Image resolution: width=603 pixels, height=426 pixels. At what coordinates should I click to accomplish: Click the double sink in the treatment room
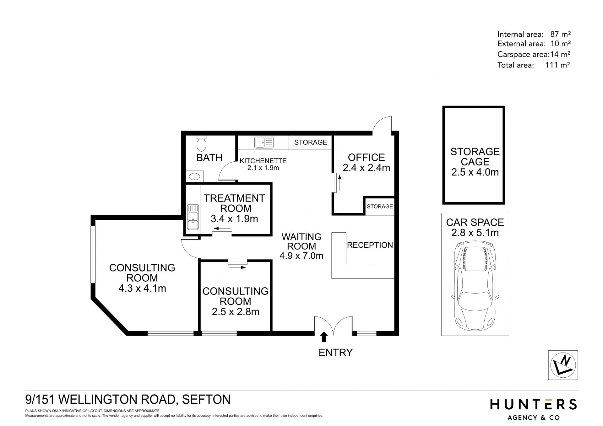pos(193,217)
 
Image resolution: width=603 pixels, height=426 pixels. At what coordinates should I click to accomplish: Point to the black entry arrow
pos(324,337)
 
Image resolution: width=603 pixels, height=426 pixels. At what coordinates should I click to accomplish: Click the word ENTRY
pos(335,353)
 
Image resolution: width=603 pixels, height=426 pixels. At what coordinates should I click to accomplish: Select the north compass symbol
pos(563,365)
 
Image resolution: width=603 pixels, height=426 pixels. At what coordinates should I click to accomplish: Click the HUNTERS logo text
pos(533,404)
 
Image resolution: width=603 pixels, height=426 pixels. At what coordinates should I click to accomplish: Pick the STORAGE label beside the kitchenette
pos(310,142)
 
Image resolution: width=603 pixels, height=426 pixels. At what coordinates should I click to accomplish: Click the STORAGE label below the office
pos(380,206)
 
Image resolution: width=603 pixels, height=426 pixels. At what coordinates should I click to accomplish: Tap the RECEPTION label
pos(370,245)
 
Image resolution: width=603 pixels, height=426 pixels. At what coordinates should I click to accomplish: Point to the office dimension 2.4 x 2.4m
pos(366,168)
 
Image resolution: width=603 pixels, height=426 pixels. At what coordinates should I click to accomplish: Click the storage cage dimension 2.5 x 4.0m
pos(475,172)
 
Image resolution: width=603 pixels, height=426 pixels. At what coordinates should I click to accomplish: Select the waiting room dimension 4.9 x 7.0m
pos(301,256)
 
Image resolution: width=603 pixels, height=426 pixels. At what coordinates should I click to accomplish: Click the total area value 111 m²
pos(558,65)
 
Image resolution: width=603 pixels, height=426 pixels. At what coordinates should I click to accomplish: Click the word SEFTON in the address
pos(206,399)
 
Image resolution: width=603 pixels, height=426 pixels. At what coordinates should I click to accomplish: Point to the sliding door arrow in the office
pos(339,183)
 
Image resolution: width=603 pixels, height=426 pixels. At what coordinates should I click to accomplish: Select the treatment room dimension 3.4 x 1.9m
pos(234,218)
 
